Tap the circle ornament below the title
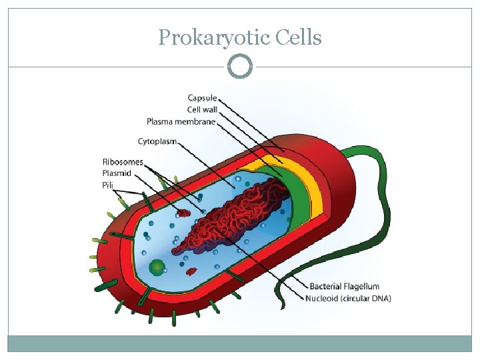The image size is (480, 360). pyautogui.click(x=240, y=67)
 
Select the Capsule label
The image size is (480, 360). pyautogui.click(x=202, y=98)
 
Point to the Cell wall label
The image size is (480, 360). pyautogui.click(x=202, y=109)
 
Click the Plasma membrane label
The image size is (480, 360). pyautogui.click(x=181, y=121)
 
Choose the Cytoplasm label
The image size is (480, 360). pyautogui.click(x=157, y=141)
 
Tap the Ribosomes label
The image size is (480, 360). pyautogui.click(x=123, y=162)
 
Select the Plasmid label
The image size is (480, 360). pyautogui.click(x=117, y=173)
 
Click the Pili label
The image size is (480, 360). pyautogui.click(x=108, y=185)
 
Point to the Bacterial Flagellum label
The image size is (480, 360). pyautogui.click(x=345, y=287)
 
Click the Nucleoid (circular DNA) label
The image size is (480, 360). pyautogui.click(x=349, y=298)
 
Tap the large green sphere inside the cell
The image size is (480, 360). pyautogui.click(x=157, y=268)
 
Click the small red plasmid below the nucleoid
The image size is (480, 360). pyautogui.click(x=191, y=271)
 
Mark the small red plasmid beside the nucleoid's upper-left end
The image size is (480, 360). pyautogui.click(x=183, y=213)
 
